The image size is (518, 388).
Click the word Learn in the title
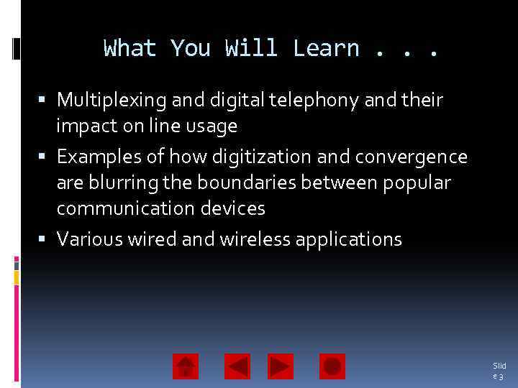[326, 48]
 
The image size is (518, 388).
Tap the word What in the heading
[130, 48]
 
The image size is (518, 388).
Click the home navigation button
[186, 366]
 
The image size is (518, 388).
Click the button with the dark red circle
[332, 366]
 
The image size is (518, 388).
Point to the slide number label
[499, 371]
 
